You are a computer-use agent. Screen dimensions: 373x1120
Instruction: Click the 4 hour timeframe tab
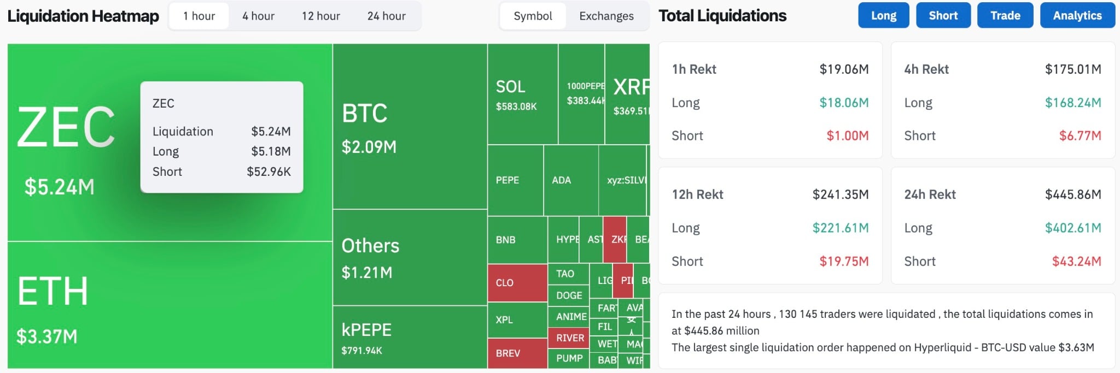coord(258,16)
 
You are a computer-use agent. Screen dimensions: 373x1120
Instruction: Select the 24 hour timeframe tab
coord(386,16)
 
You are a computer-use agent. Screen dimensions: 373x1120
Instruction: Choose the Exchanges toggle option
coord(606,16)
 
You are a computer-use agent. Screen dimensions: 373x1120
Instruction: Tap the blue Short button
coord(943,15)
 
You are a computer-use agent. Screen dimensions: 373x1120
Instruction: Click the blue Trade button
coord(1005,15)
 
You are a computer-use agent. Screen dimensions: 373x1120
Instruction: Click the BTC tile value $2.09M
coord(369,147)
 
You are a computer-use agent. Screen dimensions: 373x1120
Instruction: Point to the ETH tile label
coord(52,291)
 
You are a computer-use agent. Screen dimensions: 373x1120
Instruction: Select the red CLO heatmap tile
coord(517,282)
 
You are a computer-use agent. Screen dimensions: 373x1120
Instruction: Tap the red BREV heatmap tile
coord(517,353)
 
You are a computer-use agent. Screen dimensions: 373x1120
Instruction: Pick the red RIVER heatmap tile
coord(570,338)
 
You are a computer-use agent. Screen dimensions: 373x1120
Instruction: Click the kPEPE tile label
coord(366,330)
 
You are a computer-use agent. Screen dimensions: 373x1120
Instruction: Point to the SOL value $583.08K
coord(516,106)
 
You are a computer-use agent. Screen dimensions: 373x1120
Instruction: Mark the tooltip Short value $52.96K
coord(269,171)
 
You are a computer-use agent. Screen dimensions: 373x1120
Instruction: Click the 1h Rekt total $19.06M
coord(843,69)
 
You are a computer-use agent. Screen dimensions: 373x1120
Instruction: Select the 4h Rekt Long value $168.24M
coord(1072,103)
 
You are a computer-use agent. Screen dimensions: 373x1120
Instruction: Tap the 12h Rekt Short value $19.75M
coord(843,262)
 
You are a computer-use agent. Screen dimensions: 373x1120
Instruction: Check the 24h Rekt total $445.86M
coord(1072,194)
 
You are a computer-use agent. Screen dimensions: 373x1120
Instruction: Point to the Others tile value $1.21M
coord(366,273)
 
